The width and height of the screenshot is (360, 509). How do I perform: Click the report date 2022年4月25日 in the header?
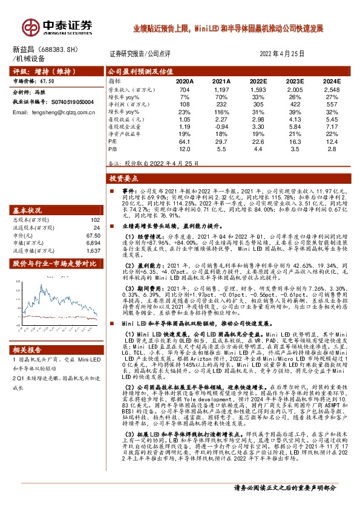click(282, 53)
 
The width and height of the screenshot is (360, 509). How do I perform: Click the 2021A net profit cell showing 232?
click(223, 104)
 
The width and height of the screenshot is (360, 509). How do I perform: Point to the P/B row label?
click(113, 148)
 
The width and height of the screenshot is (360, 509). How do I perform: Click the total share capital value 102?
click(94, 220)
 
